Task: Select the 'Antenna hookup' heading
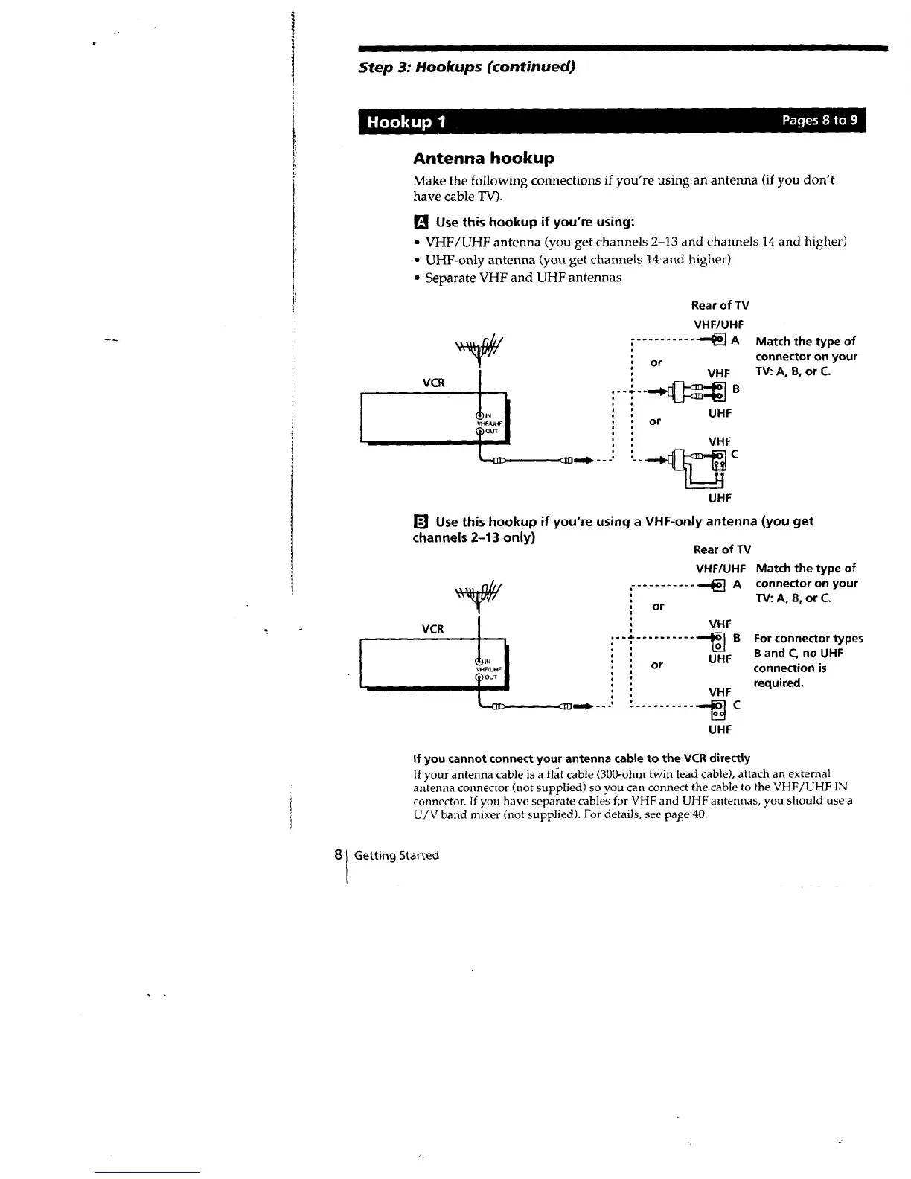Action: [483, 158]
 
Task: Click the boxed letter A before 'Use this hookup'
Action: [421, 222]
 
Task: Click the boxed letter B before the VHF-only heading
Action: [421, 521]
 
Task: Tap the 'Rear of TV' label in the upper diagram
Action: [720, 305]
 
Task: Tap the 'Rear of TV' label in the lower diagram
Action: [721, 549]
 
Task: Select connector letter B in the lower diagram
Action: [738, 638]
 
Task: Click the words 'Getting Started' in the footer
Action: [397, 855]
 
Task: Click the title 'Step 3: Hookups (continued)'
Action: [467, 67]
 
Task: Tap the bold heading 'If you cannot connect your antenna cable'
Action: [581, 758]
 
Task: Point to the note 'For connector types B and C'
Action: [808, 660]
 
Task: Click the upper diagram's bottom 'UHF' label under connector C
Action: [720, 497]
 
